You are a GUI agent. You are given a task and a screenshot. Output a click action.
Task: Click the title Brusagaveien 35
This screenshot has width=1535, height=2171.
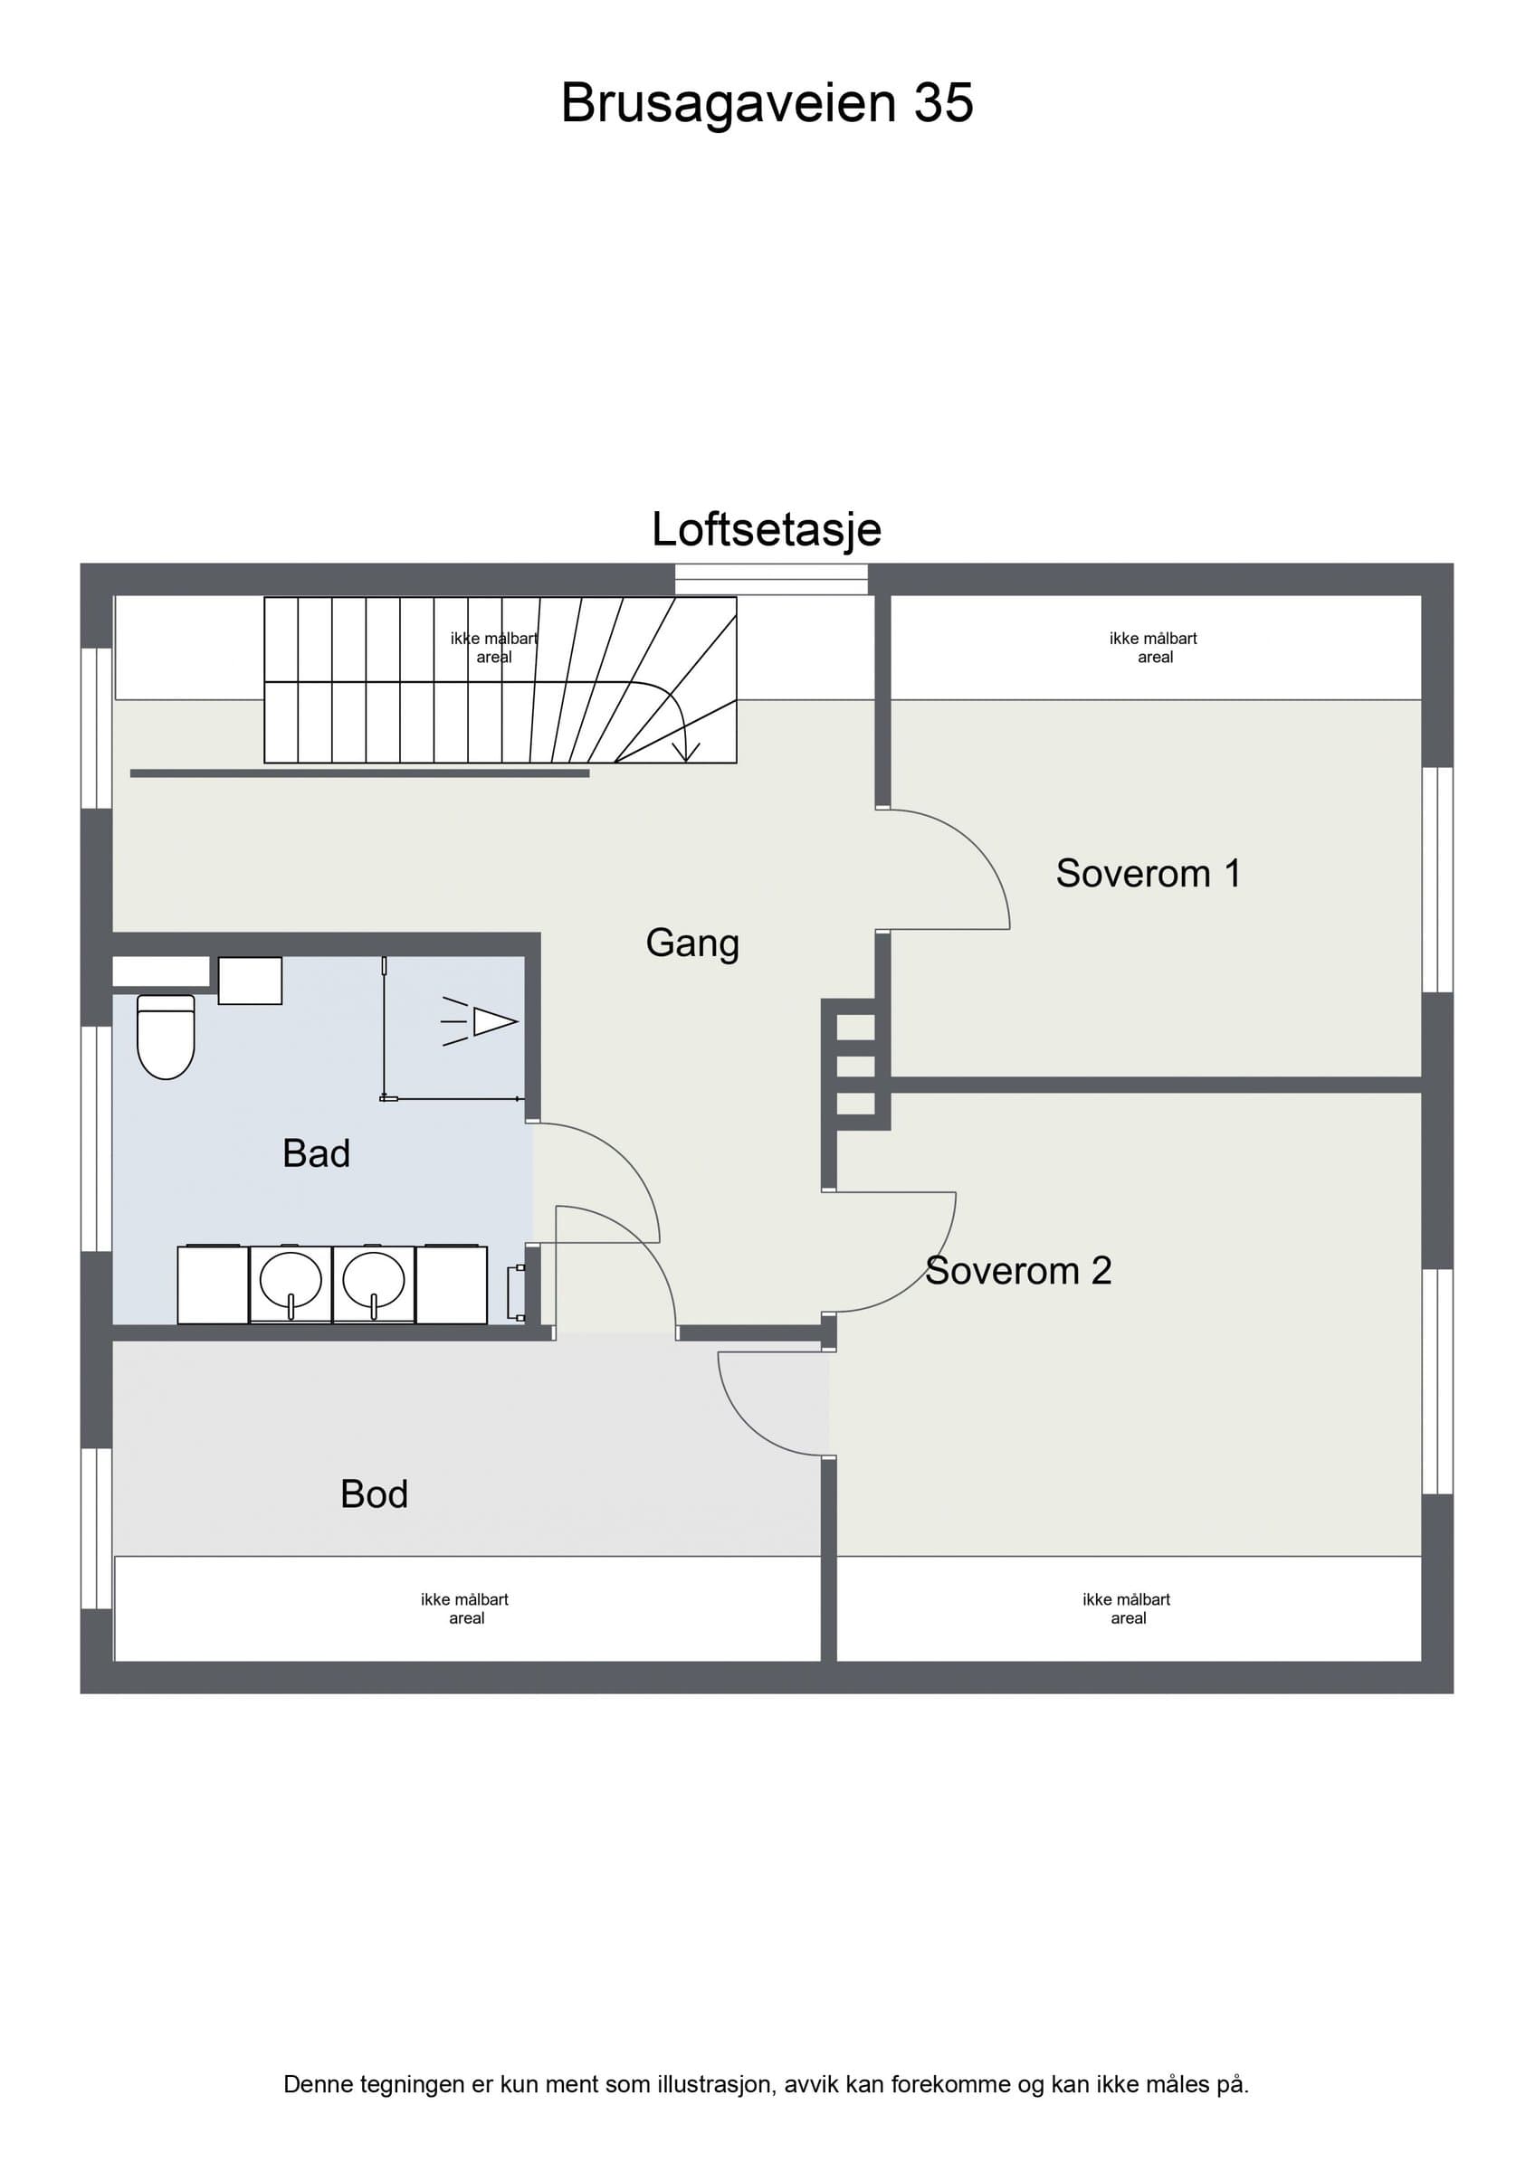767,103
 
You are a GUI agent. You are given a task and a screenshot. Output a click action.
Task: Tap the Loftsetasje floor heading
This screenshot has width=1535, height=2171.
767,529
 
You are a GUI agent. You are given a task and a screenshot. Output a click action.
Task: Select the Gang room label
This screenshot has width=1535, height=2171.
692,943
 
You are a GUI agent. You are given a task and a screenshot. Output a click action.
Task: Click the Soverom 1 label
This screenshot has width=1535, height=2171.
1149,874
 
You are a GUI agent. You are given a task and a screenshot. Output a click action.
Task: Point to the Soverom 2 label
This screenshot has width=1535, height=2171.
1018,1271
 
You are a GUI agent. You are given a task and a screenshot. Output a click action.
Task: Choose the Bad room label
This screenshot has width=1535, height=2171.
316,1153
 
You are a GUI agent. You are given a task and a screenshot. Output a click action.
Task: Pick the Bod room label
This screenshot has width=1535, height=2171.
374,1494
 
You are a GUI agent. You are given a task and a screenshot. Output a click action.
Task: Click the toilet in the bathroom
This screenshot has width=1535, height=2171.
166,1037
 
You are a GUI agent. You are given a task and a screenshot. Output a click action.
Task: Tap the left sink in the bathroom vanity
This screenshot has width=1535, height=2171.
291,1283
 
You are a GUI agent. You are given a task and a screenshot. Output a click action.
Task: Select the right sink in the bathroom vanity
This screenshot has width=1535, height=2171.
374,1283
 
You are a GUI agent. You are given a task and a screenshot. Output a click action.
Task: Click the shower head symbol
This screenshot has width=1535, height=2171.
480,1022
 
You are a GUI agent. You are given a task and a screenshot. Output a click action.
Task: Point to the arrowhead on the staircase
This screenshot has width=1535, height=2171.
686,752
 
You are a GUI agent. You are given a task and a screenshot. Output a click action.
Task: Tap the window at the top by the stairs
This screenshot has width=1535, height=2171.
771,579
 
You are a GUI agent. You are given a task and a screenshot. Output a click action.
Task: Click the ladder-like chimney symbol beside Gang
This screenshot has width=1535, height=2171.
856,1065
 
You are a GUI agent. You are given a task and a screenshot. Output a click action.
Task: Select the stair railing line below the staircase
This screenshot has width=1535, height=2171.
359,773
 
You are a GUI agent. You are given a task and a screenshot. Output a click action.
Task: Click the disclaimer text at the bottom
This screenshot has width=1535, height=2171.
766,2084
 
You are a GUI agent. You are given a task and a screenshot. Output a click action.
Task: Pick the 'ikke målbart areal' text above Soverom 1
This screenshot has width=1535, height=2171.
1154,648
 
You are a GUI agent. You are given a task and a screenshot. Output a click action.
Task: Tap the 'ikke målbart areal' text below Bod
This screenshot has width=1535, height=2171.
465,1608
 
